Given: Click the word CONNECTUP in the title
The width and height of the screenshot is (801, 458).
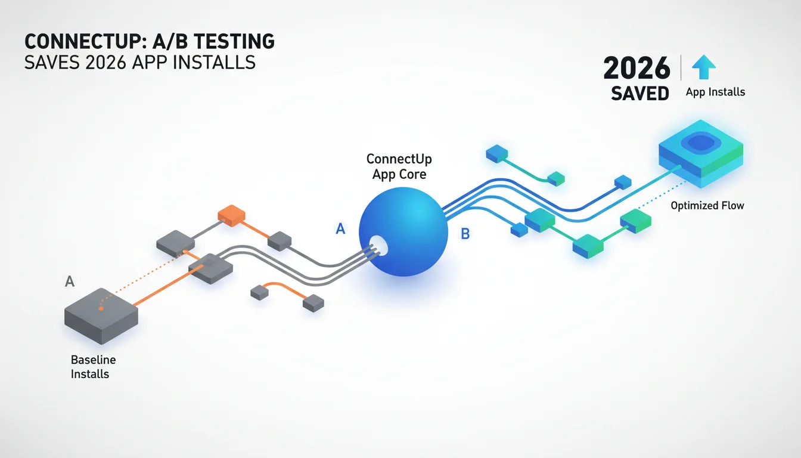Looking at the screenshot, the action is [x=85, y=42].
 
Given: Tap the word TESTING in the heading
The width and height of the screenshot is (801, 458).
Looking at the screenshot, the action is [x=234, y=42].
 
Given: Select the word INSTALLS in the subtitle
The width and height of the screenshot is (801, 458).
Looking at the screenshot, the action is [x=214, y=63].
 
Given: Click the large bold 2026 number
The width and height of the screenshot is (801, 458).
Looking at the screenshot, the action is [x=637, y=68].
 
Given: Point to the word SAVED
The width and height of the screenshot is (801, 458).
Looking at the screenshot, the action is [x=639, y=94].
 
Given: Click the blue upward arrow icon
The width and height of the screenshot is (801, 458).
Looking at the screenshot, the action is [x=704, y=67].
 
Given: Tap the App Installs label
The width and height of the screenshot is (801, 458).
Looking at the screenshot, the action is [x=715, y=92].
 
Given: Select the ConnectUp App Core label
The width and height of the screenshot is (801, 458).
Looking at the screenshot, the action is [x=399, y=166].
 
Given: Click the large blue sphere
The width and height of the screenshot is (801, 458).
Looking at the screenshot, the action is [x=403, y=231].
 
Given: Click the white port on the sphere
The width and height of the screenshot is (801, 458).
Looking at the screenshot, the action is [x=378, y=246].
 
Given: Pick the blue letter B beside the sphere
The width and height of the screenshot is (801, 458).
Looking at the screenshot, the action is [x=465, y=234].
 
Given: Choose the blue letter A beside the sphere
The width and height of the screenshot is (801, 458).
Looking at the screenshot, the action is [x=340, y=228].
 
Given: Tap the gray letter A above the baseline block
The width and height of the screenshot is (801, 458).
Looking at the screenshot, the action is [x=69, y=281].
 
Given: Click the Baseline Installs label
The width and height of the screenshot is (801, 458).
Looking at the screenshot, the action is [x=93, y=367].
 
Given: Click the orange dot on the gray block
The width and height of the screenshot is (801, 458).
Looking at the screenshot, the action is [x=101, y=308].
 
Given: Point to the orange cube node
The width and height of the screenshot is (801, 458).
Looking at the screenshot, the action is [x=232, y=215].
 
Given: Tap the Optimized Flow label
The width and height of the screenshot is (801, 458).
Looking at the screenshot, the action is [x=707, y=206].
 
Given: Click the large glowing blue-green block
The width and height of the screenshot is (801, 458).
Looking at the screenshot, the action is [x=701, y=154].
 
